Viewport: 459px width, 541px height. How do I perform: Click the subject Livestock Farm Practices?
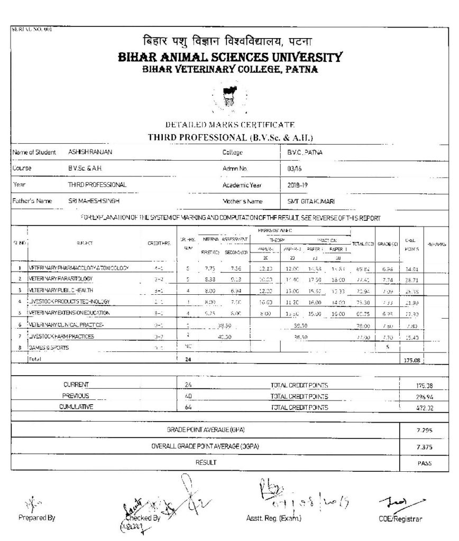coord(62,337)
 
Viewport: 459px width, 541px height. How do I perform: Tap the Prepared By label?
coord(36,518)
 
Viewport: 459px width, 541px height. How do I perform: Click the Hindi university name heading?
coord(229,41)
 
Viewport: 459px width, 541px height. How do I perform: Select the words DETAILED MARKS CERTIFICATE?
coord(229,125)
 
